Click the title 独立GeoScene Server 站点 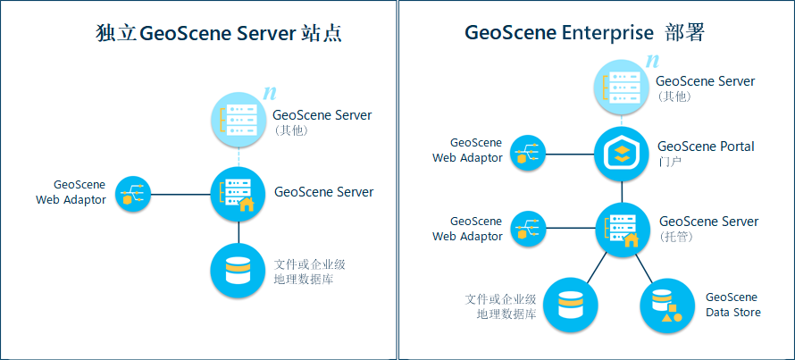[x=219, y=35]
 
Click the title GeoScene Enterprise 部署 [x=584, y=33]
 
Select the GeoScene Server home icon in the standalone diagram [x=238, y=193]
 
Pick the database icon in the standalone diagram [x=238, y=270]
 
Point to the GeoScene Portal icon [x=622, y=154]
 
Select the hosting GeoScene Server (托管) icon [x=622, y=229]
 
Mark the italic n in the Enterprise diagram [x=652, y=62]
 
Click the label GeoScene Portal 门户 [x=705, y=153]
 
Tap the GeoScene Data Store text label [x=732, y=305]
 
